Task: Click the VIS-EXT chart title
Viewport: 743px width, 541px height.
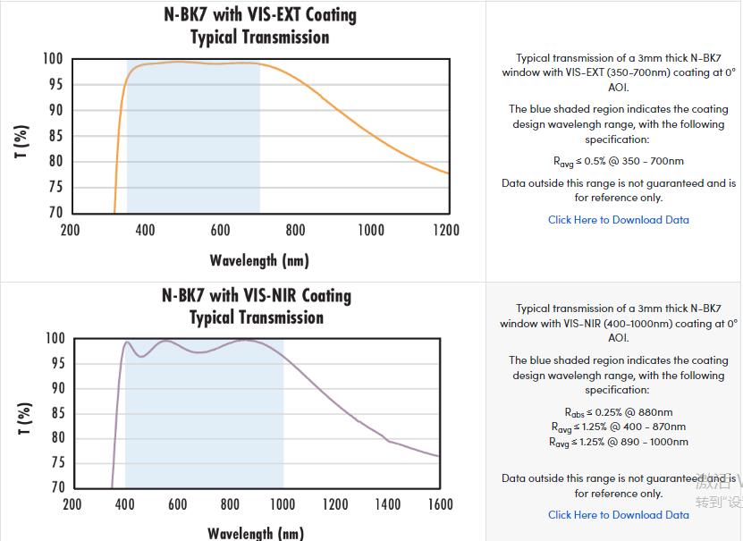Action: (x=259, y=26)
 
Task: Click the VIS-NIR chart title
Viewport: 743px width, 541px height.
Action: (x=258, y=306)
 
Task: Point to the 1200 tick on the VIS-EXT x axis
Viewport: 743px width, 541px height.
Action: (x=446, y=231)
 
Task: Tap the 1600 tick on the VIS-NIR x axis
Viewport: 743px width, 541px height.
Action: (x=440, y=504)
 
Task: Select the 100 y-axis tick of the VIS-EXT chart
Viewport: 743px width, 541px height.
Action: (x=53, y=59)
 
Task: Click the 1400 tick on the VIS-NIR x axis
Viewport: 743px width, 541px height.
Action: (x=387, y=504)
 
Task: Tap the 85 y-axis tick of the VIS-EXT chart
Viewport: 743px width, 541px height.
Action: (x=55, y=136)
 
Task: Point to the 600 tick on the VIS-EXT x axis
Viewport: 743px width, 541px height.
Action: (x=220, y=231)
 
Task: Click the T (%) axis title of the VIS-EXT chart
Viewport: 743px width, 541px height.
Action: (x=21, y=142)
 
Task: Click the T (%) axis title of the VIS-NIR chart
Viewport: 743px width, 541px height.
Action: (x=24, y=419)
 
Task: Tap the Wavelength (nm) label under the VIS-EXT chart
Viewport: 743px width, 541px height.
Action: (x=259, y=260)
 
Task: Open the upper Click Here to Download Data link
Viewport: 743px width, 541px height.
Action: (x=619, y=220)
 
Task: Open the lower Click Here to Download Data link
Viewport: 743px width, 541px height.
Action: (x=619, y=515)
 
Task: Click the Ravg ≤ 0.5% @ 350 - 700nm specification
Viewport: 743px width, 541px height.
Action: (x=619, y=162)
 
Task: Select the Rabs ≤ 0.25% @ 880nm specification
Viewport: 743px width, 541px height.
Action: (x=619, y=413)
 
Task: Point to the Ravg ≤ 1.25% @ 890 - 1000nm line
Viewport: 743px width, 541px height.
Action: (x=619, y=442)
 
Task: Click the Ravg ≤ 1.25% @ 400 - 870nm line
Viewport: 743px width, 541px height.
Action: (x=619, y=427)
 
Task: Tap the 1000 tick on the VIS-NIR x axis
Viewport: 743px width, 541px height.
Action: (x=282, y=504)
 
